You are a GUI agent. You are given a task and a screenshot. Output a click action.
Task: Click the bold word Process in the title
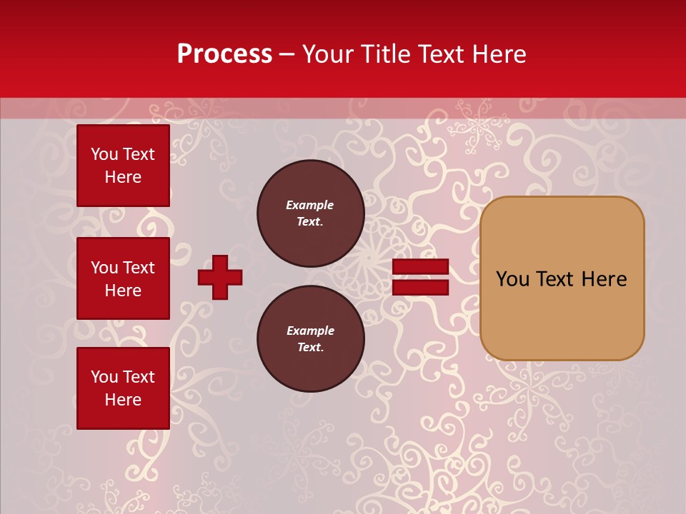[224, 54]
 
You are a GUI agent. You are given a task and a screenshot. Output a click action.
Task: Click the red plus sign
[220, 277]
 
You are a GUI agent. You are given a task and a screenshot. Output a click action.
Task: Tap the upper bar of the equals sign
[420, 267]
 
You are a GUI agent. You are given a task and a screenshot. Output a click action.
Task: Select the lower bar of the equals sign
[420, 288]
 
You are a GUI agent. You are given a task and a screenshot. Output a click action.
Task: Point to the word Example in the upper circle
[309, 205]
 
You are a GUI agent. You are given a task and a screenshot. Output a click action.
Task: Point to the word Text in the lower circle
[309, 348]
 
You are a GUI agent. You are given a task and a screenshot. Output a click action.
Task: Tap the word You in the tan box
[512, 279]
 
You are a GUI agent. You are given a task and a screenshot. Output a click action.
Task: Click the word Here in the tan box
[604, 279]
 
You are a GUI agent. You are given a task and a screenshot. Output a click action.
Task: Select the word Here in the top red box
[123, 177]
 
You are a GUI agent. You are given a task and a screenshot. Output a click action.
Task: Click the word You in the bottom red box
[104, 377]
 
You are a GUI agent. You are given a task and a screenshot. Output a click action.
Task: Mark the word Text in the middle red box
[139, 268]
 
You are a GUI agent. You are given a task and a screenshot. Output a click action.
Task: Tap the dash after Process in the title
[287, 55]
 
